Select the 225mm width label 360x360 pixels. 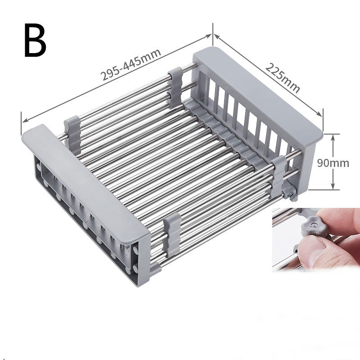282,78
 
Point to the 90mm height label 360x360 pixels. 333,163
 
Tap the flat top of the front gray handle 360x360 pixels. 85,178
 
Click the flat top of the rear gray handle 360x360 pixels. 256,88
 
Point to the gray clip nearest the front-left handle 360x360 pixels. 72,130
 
